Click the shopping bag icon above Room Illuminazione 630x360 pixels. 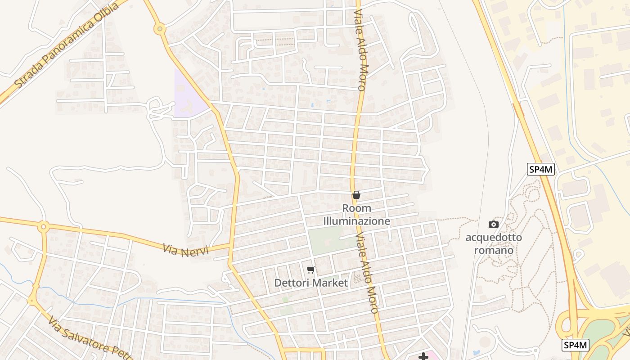click(x=356, y=195)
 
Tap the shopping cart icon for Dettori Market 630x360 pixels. click(x=310, y=270)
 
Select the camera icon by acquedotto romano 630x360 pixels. click(x=494, y=224)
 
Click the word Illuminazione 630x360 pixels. click(x=356, y=221)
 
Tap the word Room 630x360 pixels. click(x=357, y=208)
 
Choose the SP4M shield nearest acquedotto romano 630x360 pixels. click(x=541, y=170)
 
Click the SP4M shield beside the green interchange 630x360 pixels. click(x=576, y=345)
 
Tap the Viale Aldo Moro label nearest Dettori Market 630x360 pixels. click(x=366, y=273)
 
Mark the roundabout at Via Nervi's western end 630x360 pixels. click(x=43, y=226)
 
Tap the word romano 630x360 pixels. click(x=494, y=250)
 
